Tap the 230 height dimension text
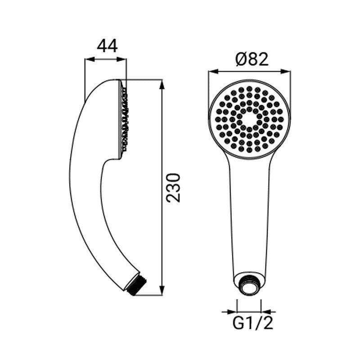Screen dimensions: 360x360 point(173,188)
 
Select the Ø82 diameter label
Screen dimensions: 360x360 point(252,59)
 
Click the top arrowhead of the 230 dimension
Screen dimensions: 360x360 point(162,84)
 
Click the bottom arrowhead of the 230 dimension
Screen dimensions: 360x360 point(162,290)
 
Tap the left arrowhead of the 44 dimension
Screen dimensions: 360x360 point(90,59)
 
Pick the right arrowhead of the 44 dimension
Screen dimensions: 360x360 point(121,59)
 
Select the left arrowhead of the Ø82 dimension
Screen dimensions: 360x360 point(213,72)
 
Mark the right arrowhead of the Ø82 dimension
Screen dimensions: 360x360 point(286,72)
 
